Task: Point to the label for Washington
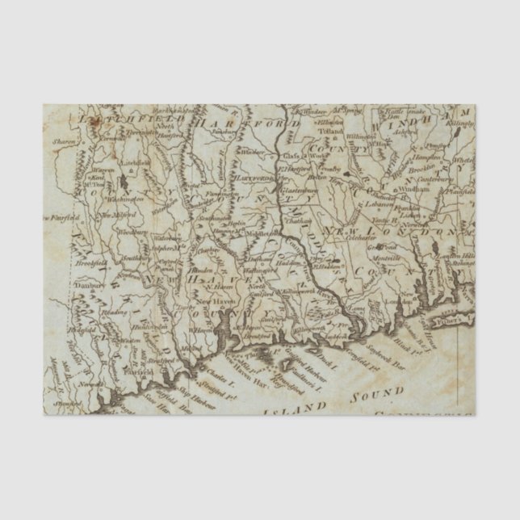[127, 196]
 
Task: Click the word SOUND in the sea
[376, 394]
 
